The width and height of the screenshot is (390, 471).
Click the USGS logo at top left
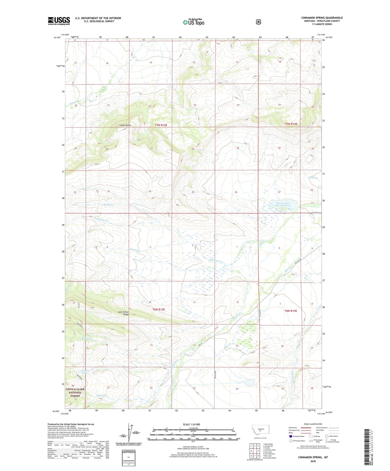tap(59, 21)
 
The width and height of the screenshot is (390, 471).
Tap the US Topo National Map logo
tap(193, 22)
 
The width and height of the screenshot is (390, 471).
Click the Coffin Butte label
tap(125, 125)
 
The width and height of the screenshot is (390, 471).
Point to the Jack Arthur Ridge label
tap(123, 313)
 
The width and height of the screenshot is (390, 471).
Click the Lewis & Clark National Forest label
tap(75, 393)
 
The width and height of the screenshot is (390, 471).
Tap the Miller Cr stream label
tap(74, 102)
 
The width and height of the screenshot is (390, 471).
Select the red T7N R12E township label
tap(161, 125)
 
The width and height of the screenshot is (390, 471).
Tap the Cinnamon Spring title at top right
tap(322, 18)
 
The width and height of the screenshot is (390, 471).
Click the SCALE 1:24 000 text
tap(192, 424)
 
